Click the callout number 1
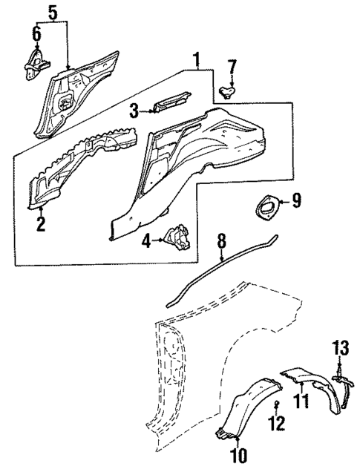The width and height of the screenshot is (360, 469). click(x=196, y=58)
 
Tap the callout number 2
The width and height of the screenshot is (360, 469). click(x=41, y=220)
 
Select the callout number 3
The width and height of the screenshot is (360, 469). click(x=134, y=111)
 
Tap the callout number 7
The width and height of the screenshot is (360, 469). click(x=232, y=68)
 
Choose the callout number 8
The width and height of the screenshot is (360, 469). click(x=220, y=240)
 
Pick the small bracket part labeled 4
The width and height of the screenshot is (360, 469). click(x=179, y=239)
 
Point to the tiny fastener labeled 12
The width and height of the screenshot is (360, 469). click(x=276, y=404)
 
